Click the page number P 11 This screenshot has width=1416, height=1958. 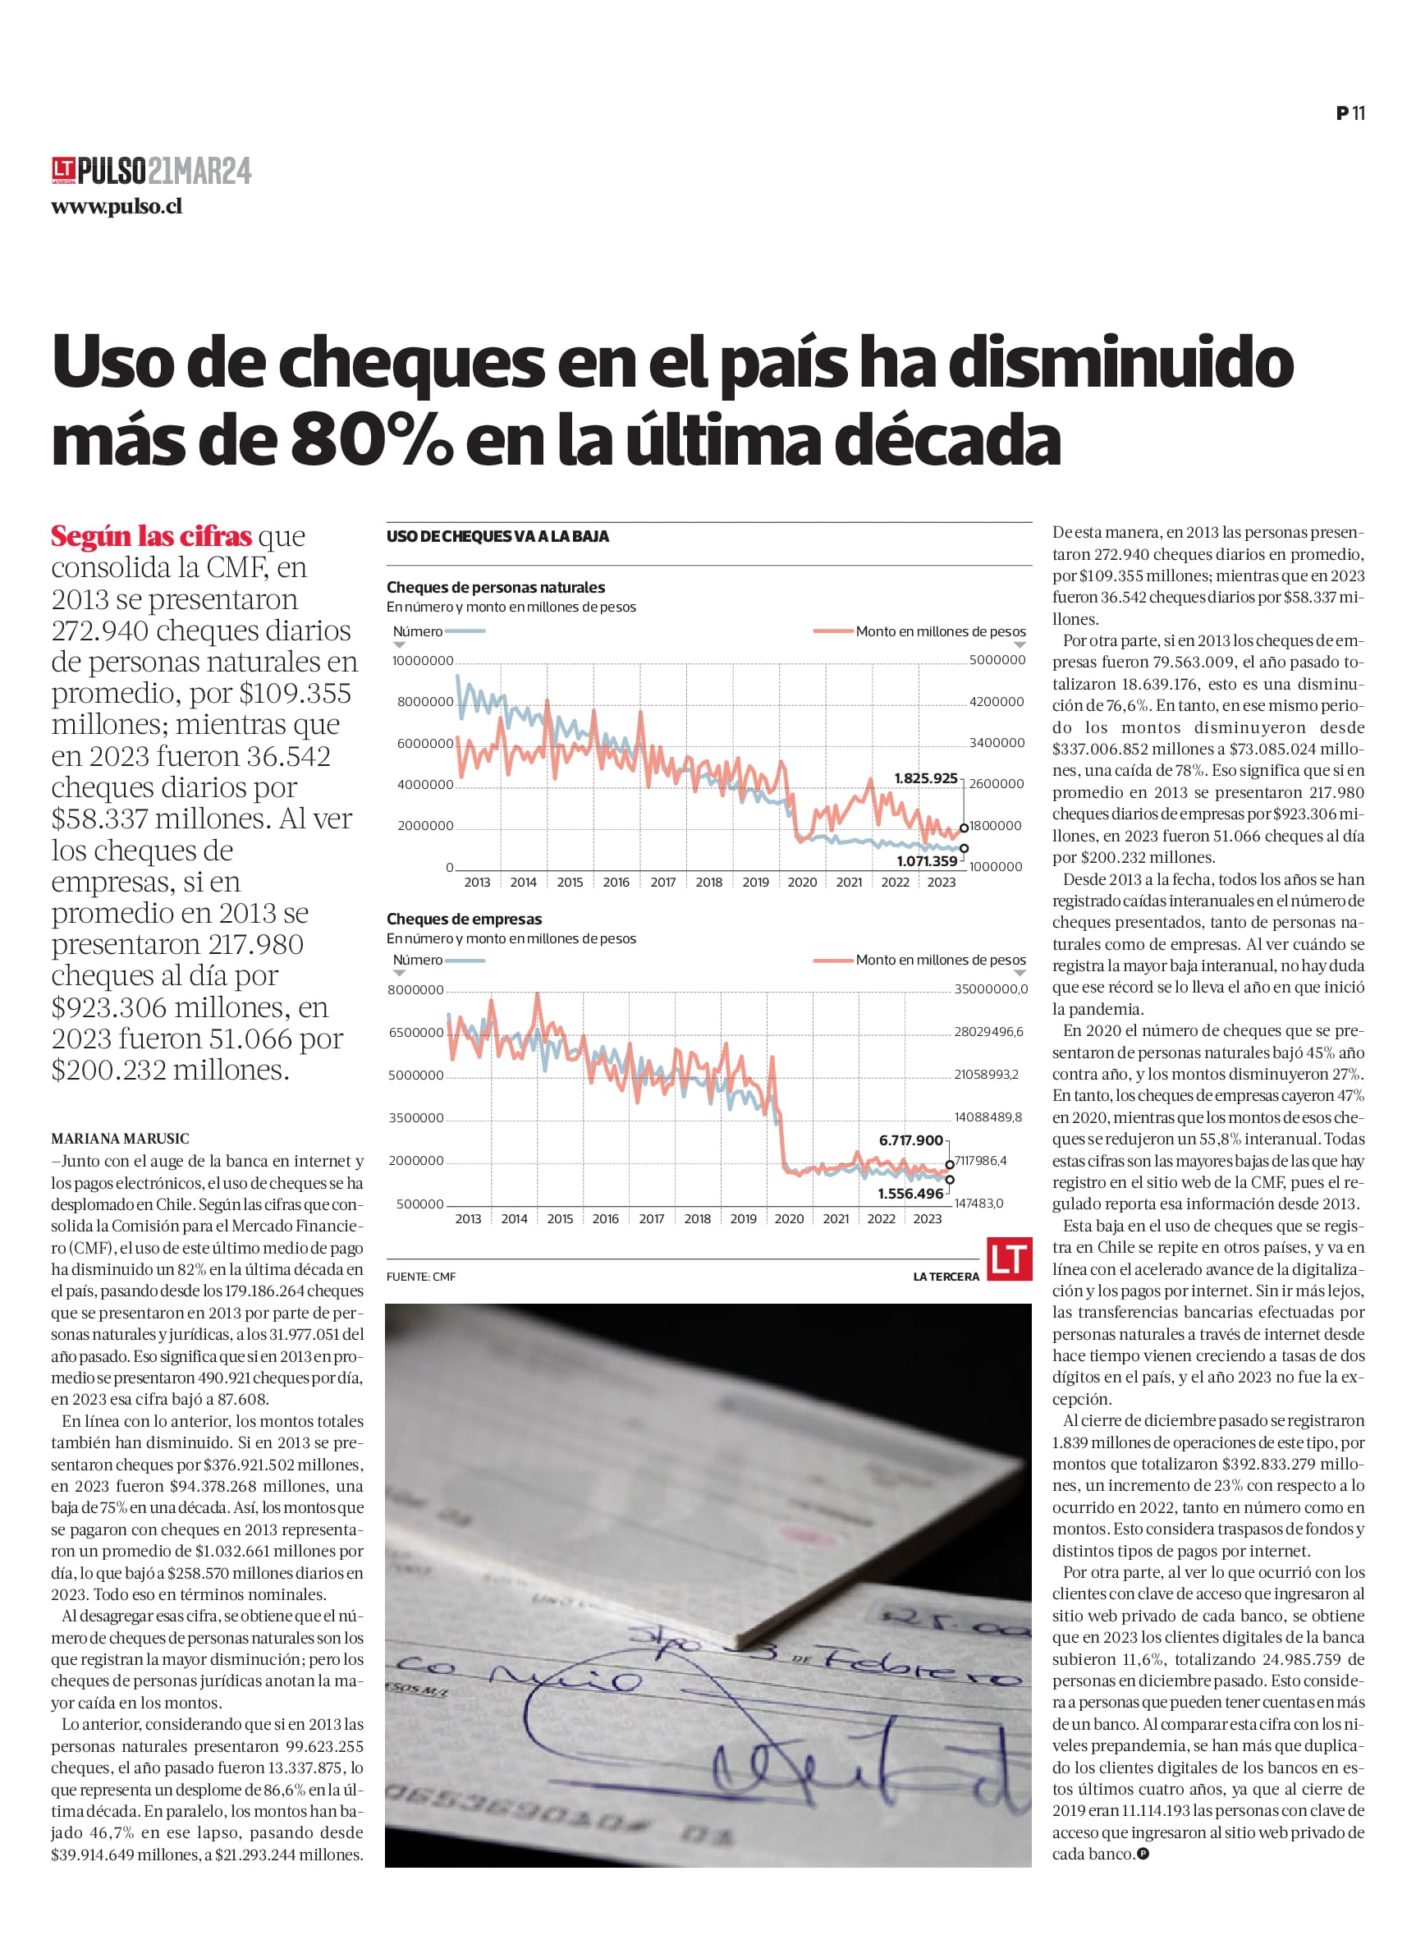click(x=1350, y=113)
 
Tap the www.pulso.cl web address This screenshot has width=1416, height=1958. click(x=117, y=206)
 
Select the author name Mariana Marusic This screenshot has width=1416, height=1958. click(x=120, y=1139)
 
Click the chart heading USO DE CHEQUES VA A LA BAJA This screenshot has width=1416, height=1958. click(x=497, y=536)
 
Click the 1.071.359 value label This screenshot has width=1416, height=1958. click(x=926, y=860)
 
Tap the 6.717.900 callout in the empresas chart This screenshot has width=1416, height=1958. click(x=910, y=1140)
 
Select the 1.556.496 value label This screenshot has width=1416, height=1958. click(x=910, y=1194)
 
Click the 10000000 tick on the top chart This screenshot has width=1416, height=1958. click(x=422, y=660)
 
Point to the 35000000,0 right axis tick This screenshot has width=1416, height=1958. click(x=990, y=989)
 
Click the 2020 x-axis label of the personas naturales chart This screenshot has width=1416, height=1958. click(x=802, y=883)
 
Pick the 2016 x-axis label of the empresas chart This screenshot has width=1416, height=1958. click(x=605, y=1219)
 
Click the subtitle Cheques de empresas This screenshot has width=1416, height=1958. click(x=464, y=919)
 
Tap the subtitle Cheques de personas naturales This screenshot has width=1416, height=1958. click(x=496, y=587)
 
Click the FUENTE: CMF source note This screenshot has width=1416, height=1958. click(x=420, y=1277)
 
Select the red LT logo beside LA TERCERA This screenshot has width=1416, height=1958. click(x=1009, y=1259)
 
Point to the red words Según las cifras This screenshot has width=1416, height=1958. click(x=151, y=536)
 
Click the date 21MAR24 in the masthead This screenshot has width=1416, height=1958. click(x=199, y=171)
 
